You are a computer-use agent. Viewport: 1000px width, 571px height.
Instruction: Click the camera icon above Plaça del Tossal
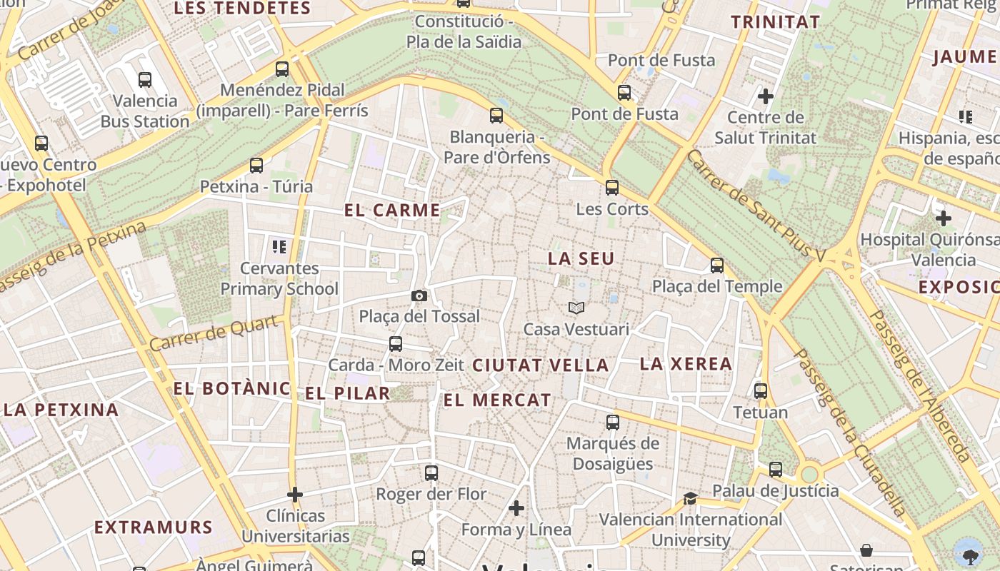[419, 295]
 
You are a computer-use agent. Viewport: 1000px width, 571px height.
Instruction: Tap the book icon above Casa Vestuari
[576, 308]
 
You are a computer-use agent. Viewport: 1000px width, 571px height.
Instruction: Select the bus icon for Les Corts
[612, 188]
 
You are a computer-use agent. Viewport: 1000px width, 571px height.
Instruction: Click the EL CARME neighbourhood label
[392, 211]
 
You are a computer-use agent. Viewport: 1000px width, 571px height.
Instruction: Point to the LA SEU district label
[581, 258]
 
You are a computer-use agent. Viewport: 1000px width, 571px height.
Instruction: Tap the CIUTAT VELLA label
[541, 365]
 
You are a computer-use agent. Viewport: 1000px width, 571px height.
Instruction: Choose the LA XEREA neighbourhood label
[686, 363]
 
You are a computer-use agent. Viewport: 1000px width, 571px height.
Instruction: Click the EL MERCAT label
[497, 400]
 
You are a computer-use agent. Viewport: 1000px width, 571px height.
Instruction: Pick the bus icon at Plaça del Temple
[717, 266]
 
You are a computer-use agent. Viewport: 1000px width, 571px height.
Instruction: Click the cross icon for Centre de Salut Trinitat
[766, 96]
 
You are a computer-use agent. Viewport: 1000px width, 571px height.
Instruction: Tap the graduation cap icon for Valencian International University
[690, 498]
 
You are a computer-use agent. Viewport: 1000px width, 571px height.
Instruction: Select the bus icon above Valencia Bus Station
[145, 80]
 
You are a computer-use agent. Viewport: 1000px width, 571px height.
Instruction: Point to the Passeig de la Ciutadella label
[850, 432]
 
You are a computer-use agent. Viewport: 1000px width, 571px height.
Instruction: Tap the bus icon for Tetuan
[761, 391]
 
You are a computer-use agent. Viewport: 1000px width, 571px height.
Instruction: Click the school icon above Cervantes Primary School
[279, 247]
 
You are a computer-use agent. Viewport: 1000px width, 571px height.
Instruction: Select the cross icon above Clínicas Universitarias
[295, 494]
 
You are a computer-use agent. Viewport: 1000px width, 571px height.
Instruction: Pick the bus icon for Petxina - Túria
[256, 166]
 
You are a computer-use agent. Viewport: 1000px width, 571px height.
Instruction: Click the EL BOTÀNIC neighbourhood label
[232, 389]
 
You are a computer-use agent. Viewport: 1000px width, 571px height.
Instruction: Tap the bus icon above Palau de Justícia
[776, 470]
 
